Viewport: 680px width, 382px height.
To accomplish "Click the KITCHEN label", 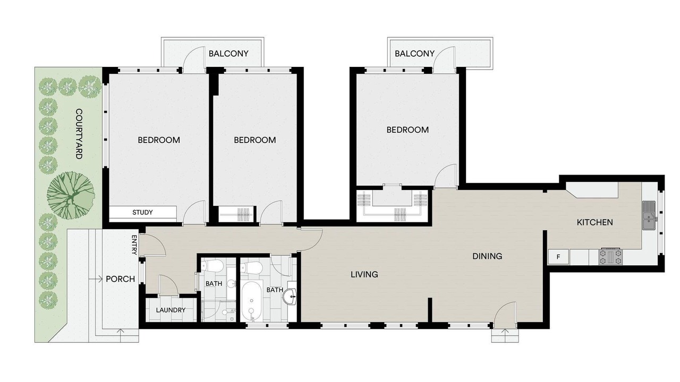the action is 594,222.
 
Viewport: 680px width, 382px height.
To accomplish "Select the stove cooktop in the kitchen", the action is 610,257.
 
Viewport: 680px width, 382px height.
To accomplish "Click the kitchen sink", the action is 649,215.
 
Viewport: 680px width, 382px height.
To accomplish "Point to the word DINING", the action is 487,256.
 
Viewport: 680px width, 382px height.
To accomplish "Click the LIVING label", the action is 364,275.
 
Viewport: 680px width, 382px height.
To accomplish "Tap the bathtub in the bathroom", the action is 252,301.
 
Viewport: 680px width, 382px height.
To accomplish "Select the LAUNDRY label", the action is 171,310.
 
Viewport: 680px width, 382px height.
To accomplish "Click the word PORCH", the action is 121,279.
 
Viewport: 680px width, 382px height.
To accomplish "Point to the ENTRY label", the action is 134,245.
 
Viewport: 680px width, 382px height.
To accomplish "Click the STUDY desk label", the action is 143,213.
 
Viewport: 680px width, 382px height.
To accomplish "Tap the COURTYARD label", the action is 79,134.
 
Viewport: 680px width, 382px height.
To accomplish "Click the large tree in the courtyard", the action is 71,196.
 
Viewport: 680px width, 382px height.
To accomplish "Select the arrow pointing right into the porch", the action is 96,279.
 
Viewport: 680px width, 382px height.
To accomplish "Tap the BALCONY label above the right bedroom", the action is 415,54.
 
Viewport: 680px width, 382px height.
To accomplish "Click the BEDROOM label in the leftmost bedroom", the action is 159,140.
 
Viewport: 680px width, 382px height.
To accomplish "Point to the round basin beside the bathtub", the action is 290,296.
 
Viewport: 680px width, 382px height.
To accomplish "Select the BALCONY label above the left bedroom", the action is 228,54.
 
